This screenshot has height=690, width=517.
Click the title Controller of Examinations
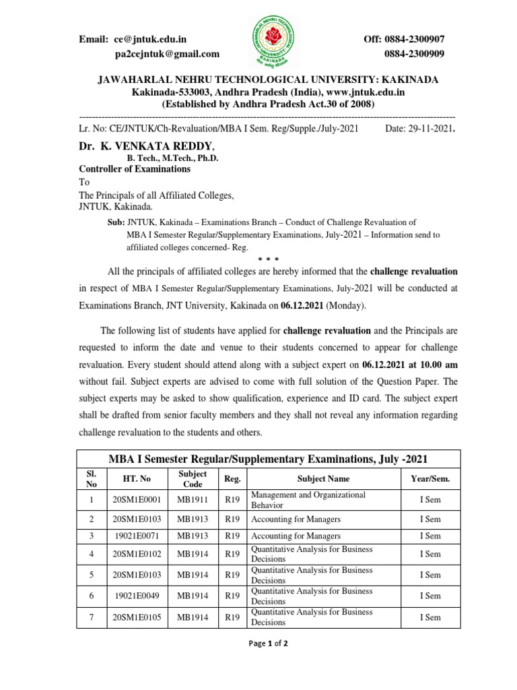pos(135,169)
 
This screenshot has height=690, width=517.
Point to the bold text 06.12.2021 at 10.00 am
pos(409,363)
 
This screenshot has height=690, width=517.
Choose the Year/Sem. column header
pos(430,479)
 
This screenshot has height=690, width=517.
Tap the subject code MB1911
pos(193,500)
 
